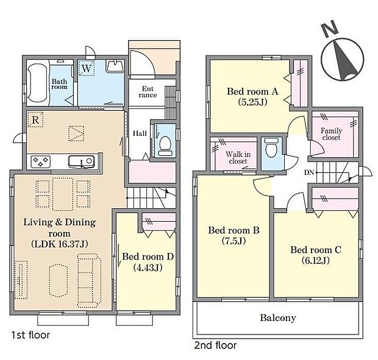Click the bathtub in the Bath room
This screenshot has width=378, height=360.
coord(37,83)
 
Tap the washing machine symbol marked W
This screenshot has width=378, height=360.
coord(87,68)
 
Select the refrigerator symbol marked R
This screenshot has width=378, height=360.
coord(35,119)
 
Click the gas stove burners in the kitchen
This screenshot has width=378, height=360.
coord(40,162)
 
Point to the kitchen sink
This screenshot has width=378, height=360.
coord(82,161)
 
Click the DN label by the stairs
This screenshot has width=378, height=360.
coord(309,172)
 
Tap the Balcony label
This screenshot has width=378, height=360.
coord(278,318)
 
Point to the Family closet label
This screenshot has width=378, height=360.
coord(331,134)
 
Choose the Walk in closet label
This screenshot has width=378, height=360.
coord(238,158)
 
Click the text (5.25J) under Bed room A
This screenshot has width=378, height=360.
coord(252,102)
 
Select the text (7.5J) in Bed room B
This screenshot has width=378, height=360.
coord(234,241)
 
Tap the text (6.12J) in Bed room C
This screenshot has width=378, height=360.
coord(316,260)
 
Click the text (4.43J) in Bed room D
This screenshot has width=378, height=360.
coord(148,267)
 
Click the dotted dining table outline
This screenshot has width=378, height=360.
coord(63,194)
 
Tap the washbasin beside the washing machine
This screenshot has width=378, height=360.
coord(115,66)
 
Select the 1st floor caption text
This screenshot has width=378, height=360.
coord(31,335)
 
